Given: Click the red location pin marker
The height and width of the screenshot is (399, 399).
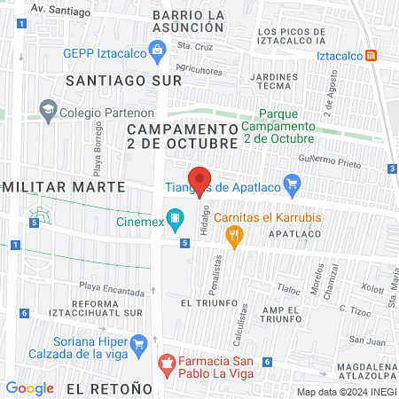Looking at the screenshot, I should click(x=199, y=182).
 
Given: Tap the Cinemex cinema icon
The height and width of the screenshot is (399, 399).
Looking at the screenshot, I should click(x=176, y=216).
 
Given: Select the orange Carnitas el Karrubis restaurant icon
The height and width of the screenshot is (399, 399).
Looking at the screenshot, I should click(x=235, y=235).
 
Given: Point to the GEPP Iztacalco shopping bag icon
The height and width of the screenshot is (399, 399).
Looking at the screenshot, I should click(x=157, y=51).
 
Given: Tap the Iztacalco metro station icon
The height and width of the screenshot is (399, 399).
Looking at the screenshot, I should click(x=372, y=55).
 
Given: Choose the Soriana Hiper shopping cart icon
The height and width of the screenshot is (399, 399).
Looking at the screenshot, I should click(x=137, y=342).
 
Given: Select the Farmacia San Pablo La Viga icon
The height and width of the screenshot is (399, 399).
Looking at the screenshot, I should click(x=165, y=362).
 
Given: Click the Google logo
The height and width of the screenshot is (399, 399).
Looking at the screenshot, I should click(x=30, y=387).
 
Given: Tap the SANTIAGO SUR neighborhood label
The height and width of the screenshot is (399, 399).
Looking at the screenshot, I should click(x=123, y=80).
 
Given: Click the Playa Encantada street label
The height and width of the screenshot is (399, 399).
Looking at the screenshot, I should click(x=111, y=287).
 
